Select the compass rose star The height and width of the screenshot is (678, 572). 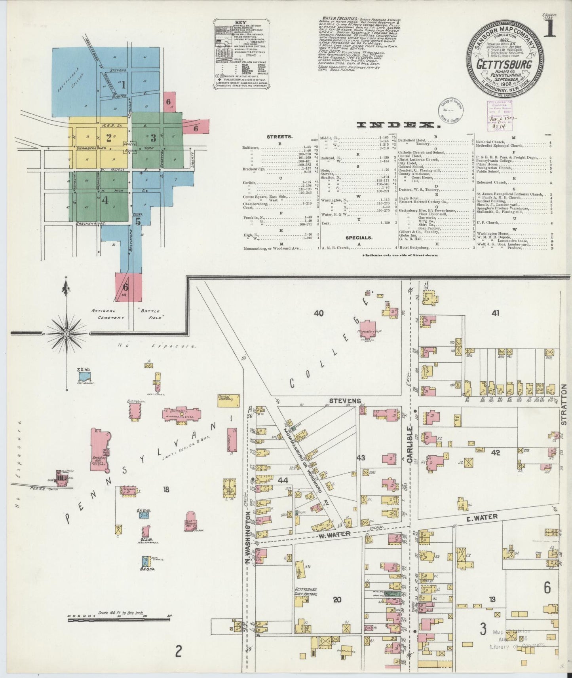(x=67, y=333)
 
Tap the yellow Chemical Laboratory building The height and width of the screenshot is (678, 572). (x=229, y=400)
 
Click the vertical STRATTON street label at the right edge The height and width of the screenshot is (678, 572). (x=564, y=403)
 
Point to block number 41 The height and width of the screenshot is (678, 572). (x=495, y=313)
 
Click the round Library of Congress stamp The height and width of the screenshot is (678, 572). (x=451, y=109)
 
